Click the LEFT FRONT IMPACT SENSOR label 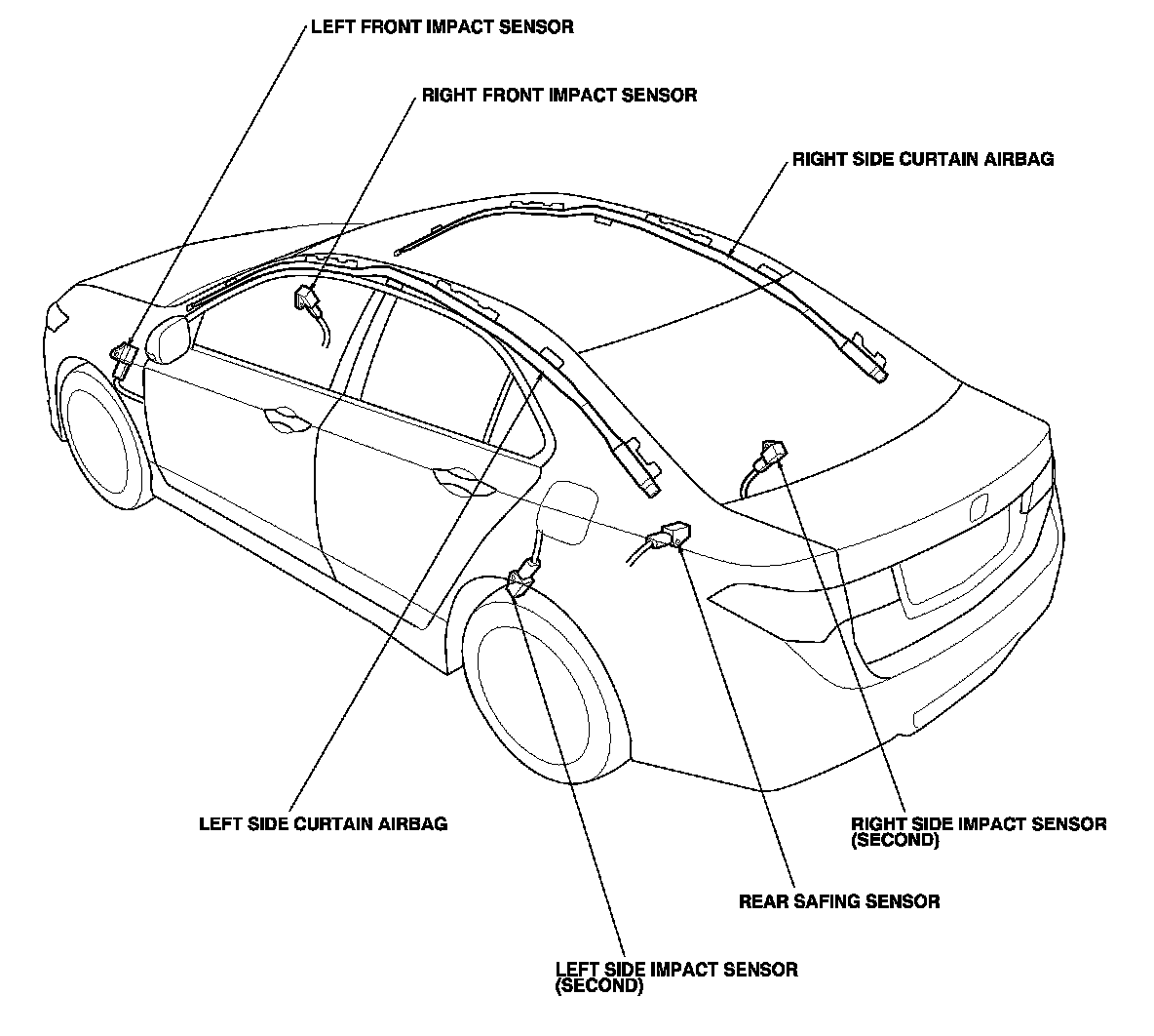[x=442, y=26]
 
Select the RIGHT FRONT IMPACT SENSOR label [x=558, y=96]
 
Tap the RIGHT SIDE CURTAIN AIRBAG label [x=922, y=159]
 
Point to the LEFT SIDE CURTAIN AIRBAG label [x=323, y=823]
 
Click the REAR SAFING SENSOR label [x=839, y=901]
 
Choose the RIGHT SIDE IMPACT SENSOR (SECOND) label [x=978, y=831]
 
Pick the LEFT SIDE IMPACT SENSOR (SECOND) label [x=675, y=976]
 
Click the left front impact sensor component [x=124, y=358]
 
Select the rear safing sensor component [x=672, y=536]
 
